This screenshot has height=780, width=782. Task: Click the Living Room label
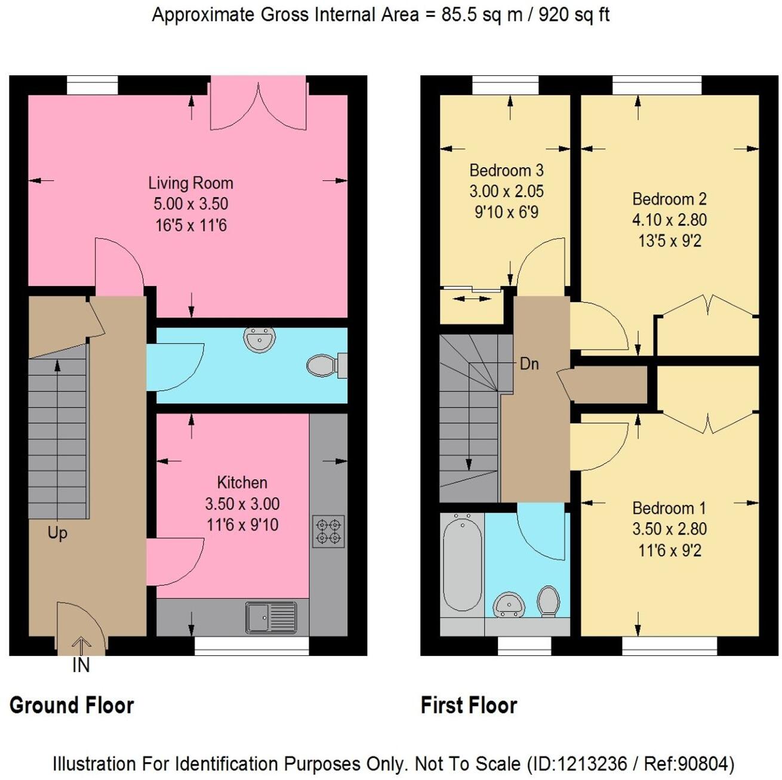click(x=190, y=183)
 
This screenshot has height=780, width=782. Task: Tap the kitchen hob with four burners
click(x=328, y=531)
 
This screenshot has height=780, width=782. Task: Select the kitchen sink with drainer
click(x=271, y=617)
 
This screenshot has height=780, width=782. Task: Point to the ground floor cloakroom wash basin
click(x=259, y=340)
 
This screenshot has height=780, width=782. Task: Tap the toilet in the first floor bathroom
click(x=548, y=600)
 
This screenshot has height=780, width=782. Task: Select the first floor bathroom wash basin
click(x=509, y=605)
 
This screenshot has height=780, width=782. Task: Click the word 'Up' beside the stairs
click(x=57, y=533)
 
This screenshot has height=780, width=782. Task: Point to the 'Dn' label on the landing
click(x=529, y=363)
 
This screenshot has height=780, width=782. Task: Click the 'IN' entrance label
click(x=81, y=665)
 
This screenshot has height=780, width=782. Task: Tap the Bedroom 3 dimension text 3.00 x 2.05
click(x=506, y=192)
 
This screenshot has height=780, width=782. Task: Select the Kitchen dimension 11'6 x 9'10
click(x=242, y=525)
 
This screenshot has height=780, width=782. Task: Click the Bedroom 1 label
click(x=669, y=508)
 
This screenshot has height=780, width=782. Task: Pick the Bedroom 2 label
click(x=669, y=199)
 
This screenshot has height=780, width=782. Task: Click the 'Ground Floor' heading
click(x=72, y=705)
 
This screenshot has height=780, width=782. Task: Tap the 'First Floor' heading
click(x=469, y=705)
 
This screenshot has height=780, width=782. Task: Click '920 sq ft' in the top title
click(x=574, y=14)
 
